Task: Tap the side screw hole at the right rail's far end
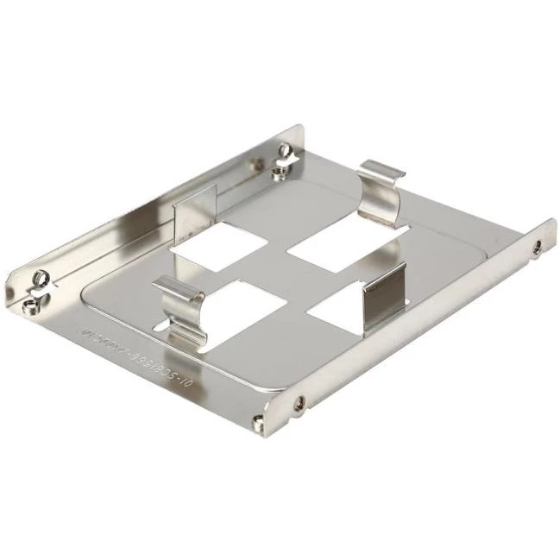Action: point(538,247)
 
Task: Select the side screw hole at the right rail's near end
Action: point(299,401)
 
